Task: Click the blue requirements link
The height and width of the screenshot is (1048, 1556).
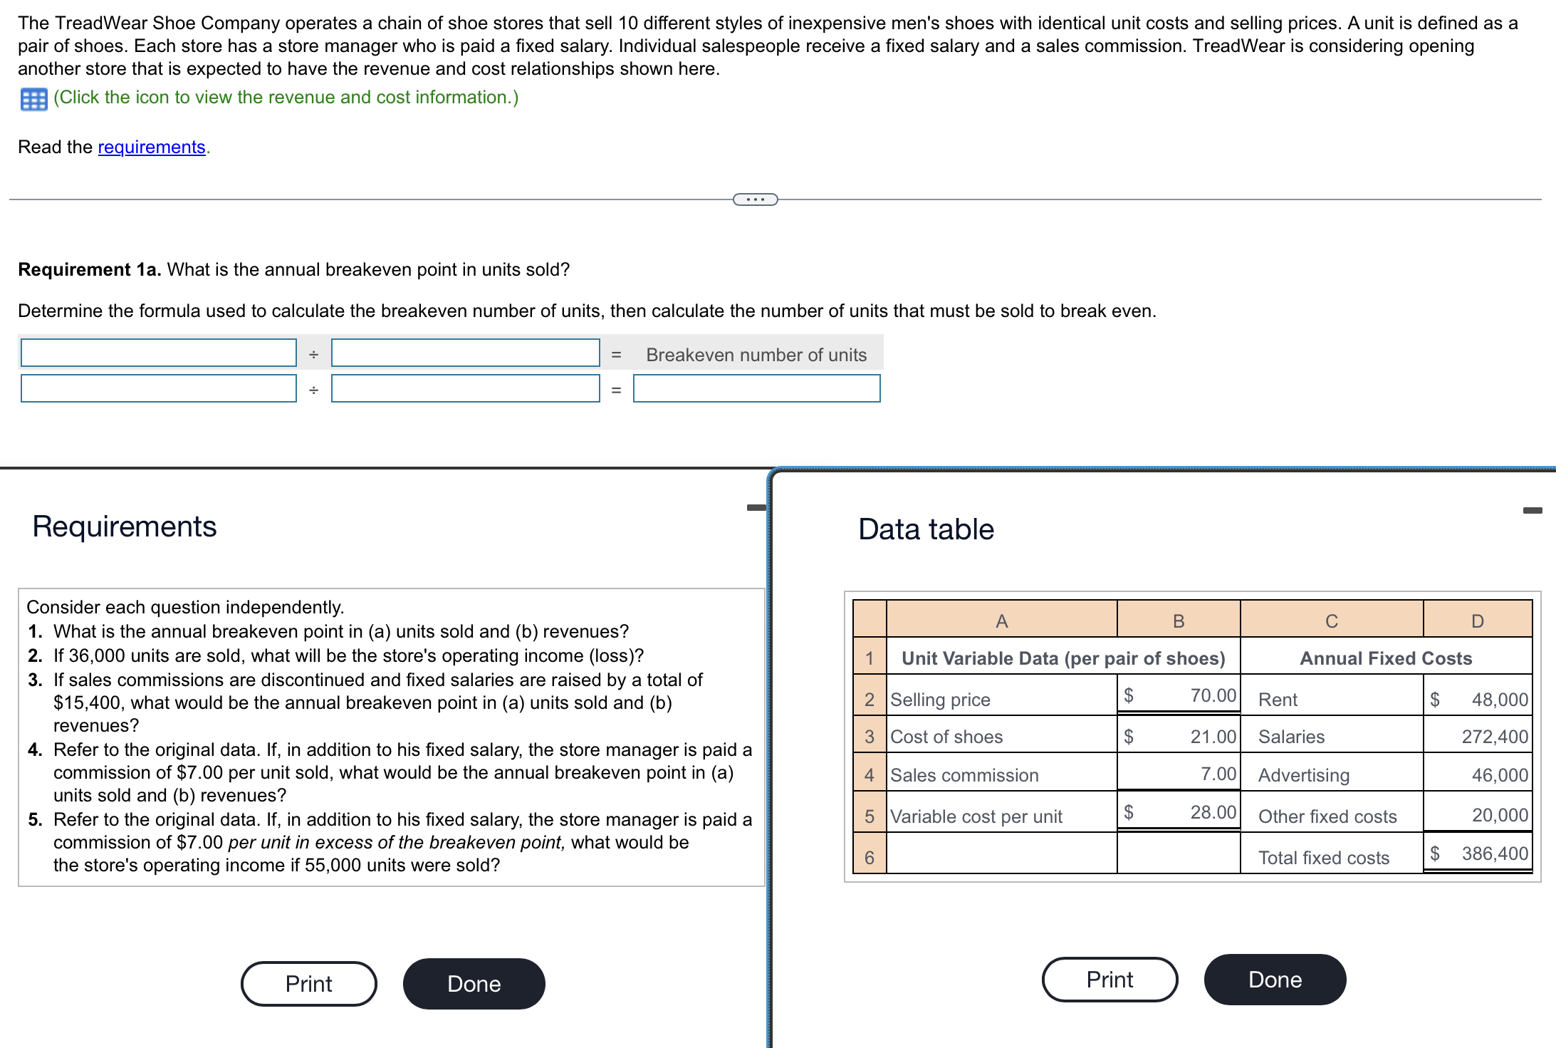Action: coord(151,147)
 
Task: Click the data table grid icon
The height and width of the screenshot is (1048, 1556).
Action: coord(33,99)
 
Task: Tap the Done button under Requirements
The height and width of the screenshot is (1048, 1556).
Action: coord(474,984)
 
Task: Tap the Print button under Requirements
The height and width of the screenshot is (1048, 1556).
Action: coord(308,984)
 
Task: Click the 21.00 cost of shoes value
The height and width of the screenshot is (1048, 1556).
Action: coord(1213,737)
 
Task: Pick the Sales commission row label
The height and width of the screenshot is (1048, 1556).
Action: coord(964,775)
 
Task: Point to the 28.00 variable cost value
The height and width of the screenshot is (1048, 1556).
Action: coord(1213,812)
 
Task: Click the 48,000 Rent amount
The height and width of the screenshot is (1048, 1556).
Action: coord(1499,700)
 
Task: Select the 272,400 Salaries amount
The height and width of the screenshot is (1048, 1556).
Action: coord(1494,737)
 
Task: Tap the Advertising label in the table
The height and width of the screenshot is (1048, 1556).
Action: coord(1303,775)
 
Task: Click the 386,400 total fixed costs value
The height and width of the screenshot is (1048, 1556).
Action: coord(1494,854)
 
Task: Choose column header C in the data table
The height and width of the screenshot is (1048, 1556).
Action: coord(1331,621)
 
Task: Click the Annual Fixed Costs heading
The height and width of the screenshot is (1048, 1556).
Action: coord(1385,658)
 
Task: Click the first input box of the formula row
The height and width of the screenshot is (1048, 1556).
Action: coord(158,353)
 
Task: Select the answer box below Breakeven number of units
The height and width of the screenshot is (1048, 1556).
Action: coord(756,388)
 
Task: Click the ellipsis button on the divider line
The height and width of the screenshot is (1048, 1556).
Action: coord(755,199)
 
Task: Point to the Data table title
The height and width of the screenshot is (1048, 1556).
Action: coord(925,529)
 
